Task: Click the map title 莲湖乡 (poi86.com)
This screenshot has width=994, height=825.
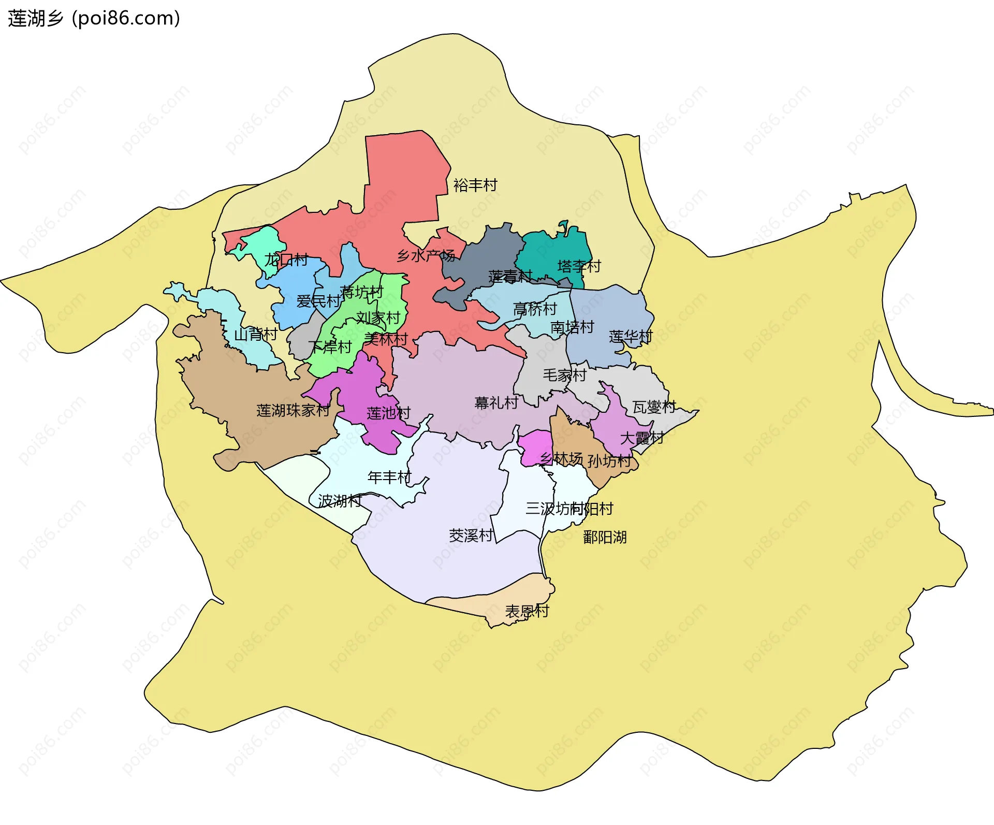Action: click(94, 18)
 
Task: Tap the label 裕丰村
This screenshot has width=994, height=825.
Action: click(475, 185)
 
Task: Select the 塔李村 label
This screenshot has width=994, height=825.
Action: click(579, 266)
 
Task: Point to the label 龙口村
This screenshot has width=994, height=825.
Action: click(286, 259)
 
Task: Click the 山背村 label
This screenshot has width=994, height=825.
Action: click(255, 335)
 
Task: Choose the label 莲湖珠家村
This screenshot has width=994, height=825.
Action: click(293, 410)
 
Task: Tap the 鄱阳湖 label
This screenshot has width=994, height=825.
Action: click(605, 537)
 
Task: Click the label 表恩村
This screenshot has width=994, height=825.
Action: click(527, 611)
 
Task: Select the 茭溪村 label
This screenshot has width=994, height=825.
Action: click(471, 535)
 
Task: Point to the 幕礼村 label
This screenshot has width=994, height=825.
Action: click(496, 402)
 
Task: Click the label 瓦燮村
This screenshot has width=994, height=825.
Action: click(654, 407)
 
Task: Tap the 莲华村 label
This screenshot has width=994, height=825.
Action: click(631, 337)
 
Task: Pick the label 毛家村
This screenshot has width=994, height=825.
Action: click(564, 375)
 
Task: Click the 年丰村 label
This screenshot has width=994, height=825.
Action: click(389, 477)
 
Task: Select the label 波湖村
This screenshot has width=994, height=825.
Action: click(339, 501)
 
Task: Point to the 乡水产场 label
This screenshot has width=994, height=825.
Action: click(426, 255)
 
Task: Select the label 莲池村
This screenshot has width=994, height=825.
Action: click(388, 413)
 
